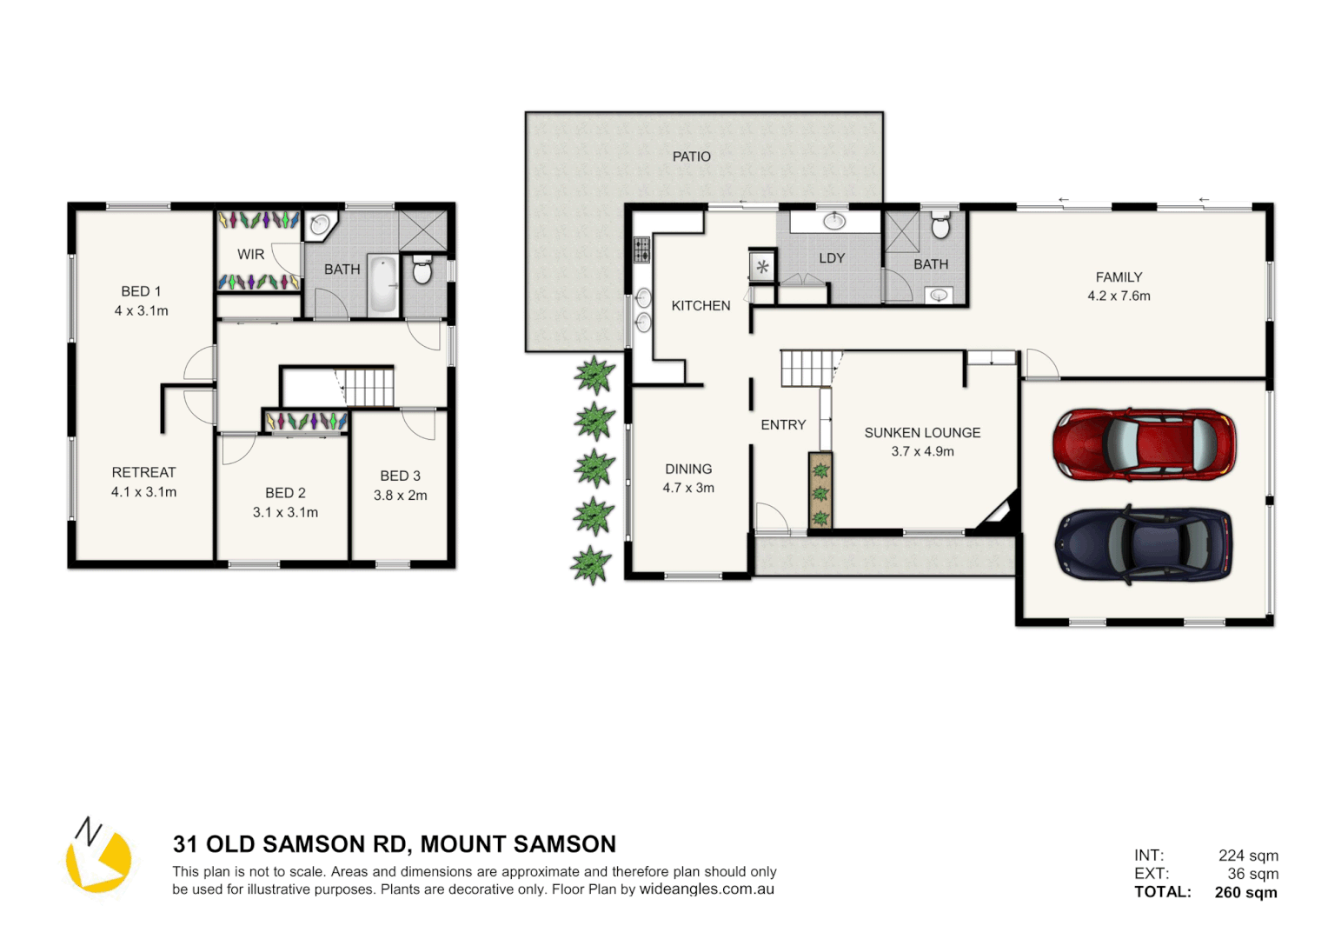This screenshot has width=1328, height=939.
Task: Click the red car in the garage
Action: [1144, 444]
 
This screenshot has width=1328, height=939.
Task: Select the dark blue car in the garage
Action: [1144, 544]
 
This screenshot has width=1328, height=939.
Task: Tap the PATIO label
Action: [691, 156]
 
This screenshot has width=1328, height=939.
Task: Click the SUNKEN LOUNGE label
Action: [922, 432]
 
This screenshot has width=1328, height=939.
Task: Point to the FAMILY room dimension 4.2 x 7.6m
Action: [1119, 296]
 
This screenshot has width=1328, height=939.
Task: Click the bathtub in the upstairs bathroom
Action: [382, 284]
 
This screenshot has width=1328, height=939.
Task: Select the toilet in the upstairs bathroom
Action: [422, 270]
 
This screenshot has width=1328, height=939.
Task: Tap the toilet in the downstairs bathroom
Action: [940, 226]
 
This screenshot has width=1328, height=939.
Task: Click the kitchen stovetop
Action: [641, 250]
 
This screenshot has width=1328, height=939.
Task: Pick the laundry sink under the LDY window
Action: [834, 221]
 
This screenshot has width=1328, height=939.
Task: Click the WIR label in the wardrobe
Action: [250, 255]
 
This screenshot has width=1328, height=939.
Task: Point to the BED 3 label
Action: [400, 476]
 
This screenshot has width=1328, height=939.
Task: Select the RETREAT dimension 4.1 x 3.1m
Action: [143, 492]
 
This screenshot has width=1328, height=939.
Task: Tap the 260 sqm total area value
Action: [1245, 892]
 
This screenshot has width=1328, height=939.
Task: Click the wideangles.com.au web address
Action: [707, 889]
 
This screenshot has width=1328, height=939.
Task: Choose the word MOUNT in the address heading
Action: [468, 844]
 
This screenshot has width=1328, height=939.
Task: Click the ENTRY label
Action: [783, 425]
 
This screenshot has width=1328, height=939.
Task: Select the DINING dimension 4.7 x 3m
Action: [688, 488]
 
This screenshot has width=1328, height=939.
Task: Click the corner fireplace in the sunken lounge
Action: [999, 515]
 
